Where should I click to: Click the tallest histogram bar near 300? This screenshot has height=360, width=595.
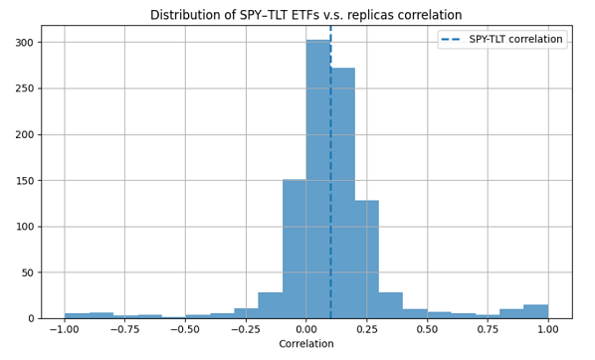point(317,179)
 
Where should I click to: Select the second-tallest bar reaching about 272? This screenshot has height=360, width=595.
point(342,194)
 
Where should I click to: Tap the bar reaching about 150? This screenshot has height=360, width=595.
point(294,249)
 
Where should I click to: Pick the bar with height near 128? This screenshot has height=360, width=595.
point(366,259)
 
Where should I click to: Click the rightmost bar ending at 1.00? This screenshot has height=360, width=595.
point(535,311)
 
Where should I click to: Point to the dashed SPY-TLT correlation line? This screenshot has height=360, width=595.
point(330,149)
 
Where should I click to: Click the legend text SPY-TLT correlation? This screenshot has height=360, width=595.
point(515,40)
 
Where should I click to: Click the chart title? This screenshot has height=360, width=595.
point(305,15)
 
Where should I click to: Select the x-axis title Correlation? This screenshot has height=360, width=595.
point(305,344)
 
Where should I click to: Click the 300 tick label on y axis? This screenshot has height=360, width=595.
point(24,43)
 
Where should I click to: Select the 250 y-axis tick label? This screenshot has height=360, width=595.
point(24,89)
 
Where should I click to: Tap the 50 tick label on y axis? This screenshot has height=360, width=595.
point(28,272)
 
